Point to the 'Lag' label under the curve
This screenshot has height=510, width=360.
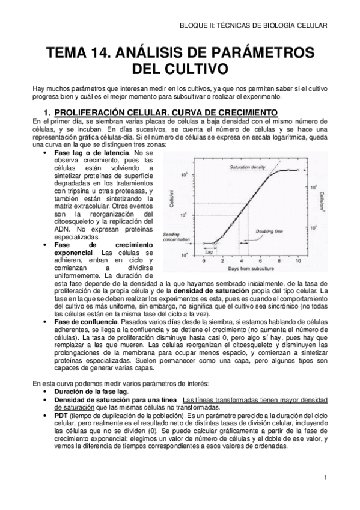[210, 254]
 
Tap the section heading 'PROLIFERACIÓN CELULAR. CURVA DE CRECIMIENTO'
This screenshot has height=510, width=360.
[166, 112]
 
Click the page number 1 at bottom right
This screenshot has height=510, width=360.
[325, 479]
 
